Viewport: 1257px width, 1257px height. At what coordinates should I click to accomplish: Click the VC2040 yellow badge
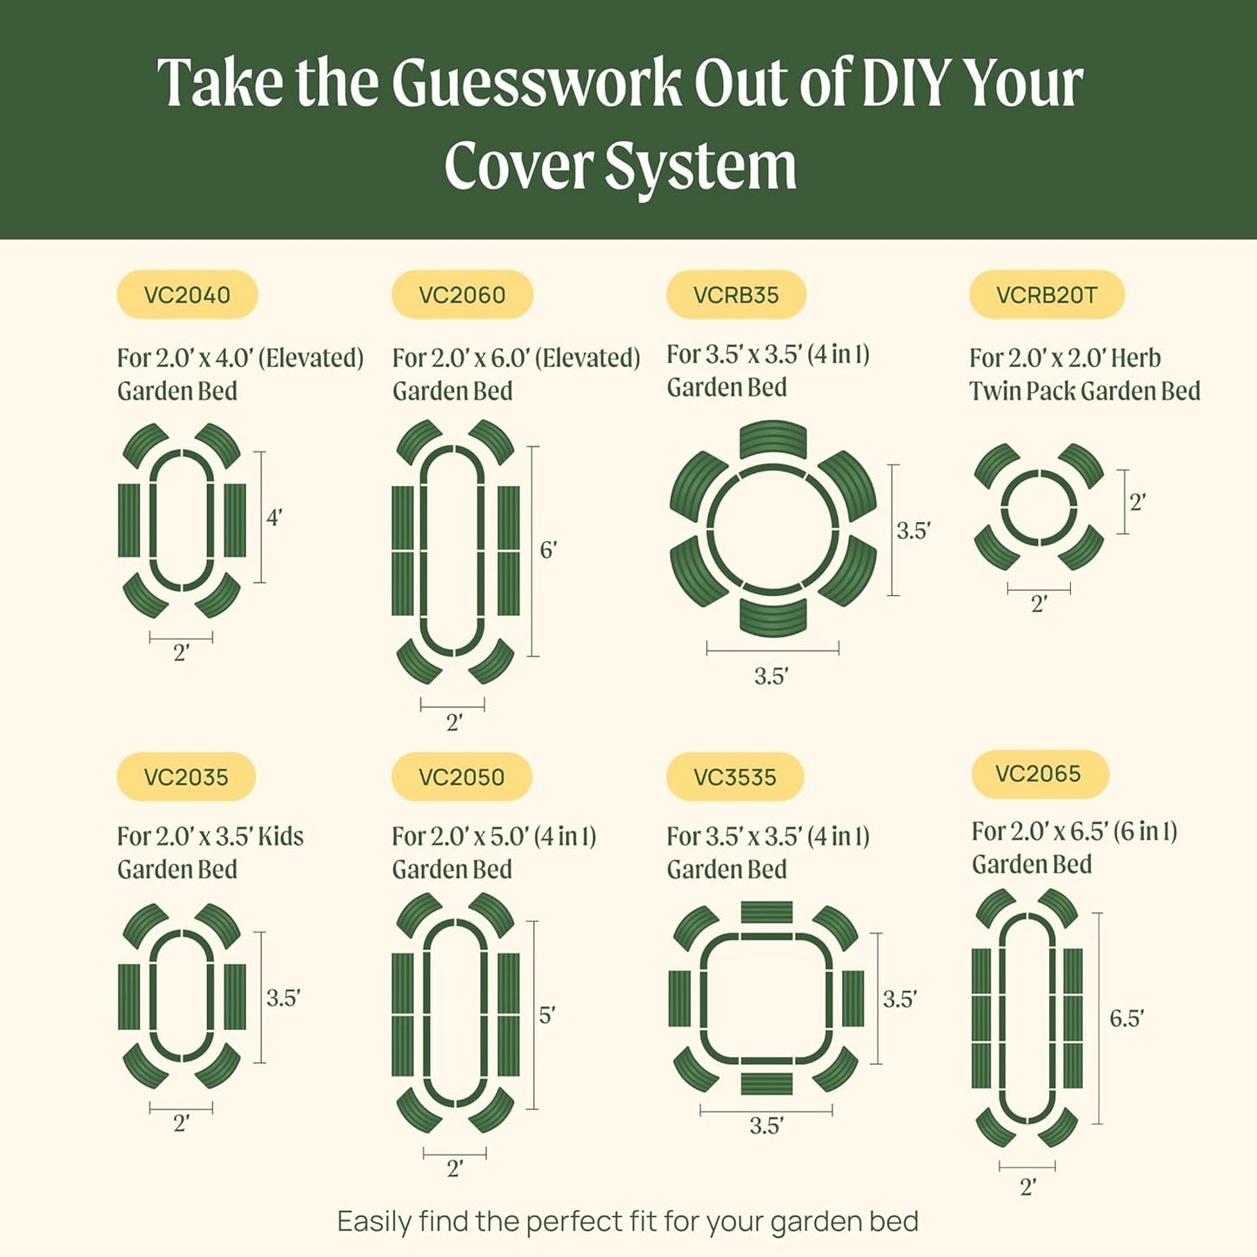tap(187, 295)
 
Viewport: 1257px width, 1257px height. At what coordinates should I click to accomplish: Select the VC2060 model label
tap(462, 295)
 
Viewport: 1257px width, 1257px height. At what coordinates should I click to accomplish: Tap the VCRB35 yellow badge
tap(736, 295)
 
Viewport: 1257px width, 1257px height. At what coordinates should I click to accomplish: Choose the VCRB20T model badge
tap(1046, 295)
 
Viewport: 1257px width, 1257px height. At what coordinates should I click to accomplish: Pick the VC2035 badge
tap(186, 777)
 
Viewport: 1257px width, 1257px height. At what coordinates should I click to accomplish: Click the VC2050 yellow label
tap(461, 777)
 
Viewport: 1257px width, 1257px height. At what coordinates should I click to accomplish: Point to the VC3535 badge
tap(735, 777)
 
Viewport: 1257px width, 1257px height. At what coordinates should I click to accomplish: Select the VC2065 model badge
tap(1039, 773)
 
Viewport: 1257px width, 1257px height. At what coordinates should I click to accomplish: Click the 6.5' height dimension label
tap(1127, 1019)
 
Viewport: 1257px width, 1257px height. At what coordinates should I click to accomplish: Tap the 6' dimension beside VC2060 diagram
tap(548, 550)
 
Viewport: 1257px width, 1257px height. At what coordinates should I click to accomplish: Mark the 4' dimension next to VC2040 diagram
tap(274, 518)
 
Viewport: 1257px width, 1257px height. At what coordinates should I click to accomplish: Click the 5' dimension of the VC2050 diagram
tap(546, 1015)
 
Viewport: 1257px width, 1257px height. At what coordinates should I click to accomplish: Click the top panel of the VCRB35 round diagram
tap(772, 438)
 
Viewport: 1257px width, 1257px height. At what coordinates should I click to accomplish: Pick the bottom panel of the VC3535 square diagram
tap(766, 1084)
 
